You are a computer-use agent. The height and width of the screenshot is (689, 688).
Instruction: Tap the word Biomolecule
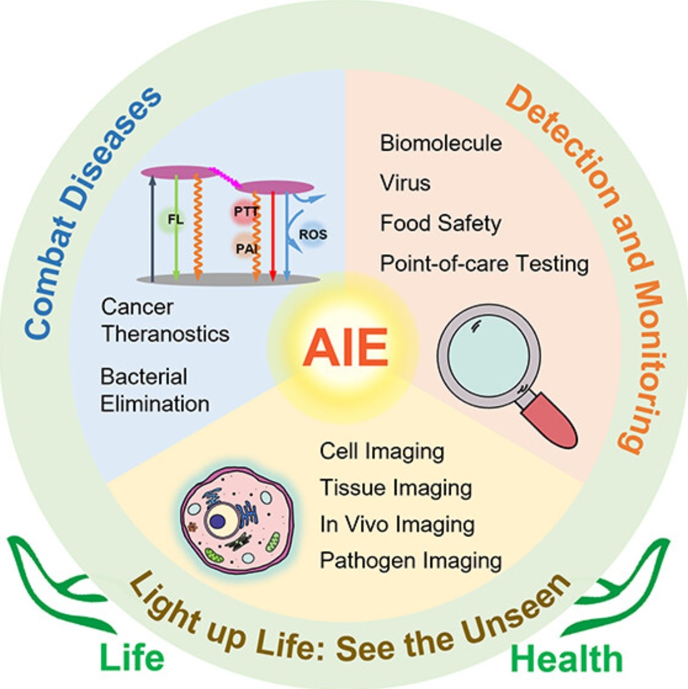click(441, 143)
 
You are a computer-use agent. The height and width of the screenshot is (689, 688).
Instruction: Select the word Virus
click(405, 183)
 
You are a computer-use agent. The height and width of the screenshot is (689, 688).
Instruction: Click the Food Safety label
click(440, 224)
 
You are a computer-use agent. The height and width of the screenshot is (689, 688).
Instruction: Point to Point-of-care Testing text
click(484, 264)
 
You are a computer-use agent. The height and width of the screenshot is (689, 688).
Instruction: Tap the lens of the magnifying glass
click(489, 356)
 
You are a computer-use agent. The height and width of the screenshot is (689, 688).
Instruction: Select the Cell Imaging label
click(382, 452)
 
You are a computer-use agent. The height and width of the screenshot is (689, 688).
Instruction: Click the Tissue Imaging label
click(395, 487)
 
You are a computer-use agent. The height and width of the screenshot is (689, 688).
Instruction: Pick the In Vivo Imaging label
click(397, 525)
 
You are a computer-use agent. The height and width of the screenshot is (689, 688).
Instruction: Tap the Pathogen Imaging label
click(411, 561)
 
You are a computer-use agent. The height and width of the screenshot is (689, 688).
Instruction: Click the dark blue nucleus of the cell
click(217, 521)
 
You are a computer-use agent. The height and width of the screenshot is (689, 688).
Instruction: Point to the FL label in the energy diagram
click(175, 220)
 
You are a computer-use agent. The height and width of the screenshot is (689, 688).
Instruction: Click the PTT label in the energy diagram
click(246, 211)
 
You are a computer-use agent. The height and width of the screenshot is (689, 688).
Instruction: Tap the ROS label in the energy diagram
click(313, 234)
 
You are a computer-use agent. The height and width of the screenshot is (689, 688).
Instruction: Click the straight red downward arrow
click(273, 236)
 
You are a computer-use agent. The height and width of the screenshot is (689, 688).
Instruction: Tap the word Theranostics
click(165, 334)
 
